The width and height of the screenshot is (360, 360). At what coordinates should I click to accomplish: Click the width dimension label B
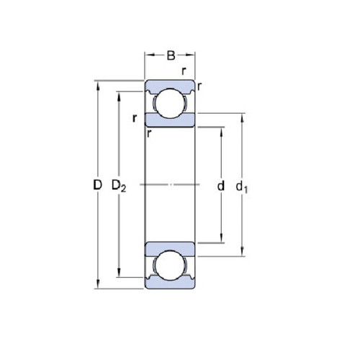[x=171, y=55]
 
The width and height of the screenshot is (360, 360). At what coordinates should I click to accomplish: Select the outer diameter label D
[x=97, y=185]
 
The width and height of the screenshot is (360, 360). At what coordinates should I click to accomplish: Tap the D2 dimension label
[x=119, y=186]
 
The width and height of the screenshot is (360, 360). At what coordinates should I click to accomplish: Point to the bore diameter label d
[x=221, y=186]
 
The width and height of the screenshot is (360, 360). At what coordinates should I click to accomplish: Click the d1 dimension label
[x=241, y=186]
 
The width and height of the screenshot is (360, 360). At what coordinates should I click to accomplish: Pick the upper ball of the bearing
[x=170, y=103]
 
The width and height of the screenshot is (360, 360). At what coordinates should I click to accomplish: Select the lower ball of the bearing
[x=170, y=266]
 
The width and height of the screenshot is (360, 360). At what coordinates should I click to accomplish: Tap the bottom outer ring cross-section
[x=170, y=283]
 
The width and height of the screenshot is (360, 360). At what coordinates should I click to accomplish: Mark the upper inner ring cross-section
[x=170, y=120]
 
